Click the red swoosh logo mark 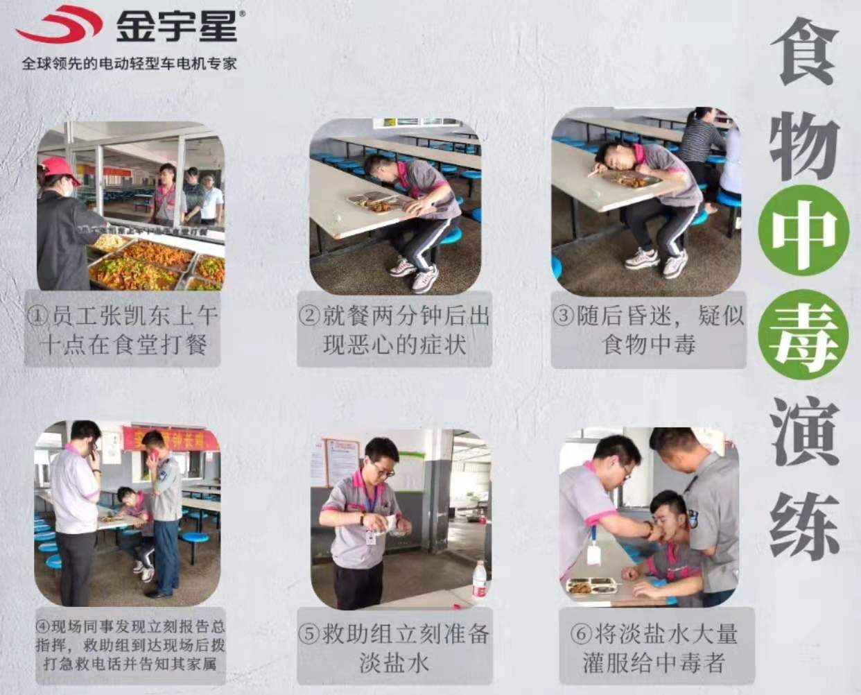pos(60,24)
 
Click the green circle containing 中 pos(803,230)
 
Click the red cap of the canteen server pos(60,170)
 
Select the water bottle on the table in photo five pos(479,578)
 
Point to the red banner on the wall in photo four pos(171,438)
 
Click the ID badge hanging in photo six pos(593,554)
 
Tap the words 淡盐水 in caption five pos(394,662)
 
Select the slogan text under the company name pos(129,64)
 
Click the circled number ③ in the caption pos(562,316)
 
